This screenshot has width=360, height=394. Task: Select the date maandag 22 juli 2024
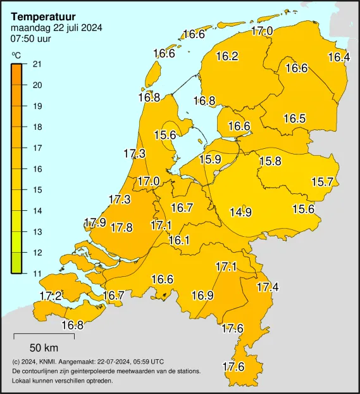coord(56,27)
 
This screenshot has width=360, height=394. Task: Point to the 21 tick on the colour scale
coord(37,64)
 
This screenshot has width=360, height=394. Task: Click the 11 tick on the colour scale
coord(37,273)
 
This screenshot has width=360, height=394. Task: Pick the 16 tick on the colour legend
coord(37,168)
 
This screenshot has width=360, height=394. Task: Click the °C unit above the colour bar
coord(16,55)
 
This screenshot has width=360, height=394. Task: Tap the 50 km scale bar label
coord(44,347)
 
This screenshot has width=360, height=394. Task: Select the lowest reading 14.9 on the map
coord(240,212)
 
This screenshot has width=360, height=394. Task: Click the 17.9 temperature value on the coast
coord(95,222)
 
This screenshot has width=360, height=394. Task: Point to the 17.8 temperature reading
coord(121,227)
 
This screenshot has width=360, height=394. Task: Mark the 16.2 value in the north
coord(227,56)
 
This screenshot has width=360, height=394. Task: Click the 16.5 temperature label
coord(294,118)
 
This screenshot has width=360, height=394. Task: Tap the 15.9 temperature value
coord(210,160)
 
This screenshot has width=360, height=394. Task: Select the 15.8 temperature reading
coord(270,162)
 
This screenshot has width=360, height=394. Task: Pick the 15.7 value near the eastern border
coord(322,182)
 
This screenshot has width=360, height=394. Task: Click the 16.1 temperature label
coord(179,240)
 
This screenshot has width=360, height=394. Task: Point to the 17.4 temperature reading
coord(268,288)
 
